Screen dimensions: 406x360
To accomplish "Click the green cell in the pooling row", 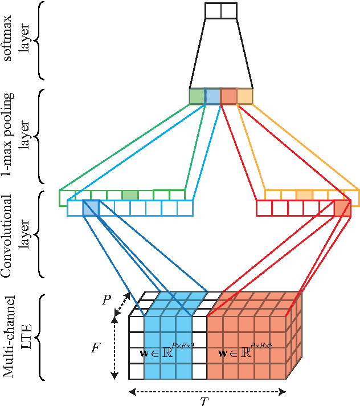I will [197, 96].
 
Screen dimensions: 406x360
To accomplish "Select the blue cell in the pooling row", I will [212, 96].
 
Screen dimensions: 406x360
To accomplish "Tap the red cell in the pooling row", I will [228, 96].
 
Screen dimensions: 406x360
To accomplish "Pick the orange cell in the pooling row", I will [244, 96].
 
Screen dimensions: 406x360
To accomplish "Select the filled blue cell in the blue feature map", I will [91, 208].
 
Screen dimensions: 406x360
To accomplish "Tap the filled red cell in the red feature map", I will [342, 208].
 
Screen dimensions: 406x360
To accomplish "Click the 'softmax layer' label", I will [17, 40].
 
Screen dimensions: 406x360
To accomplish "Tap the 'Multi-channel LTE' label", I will [17, 336].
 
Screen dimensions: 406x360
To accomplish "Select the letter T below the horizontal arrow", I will [204, 401].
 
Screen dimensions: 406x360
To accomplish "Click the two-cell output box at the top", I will [220, 11].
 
